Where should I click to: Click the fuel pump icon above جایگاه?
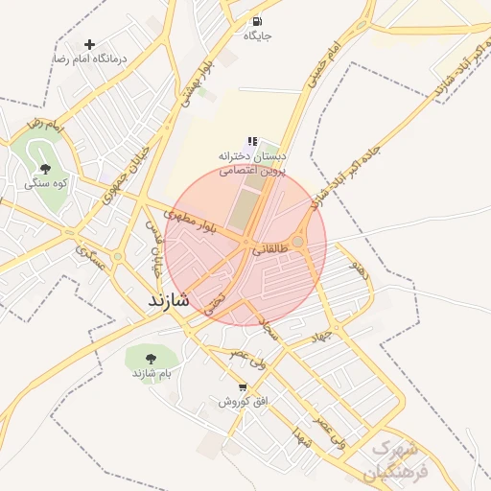(x=257, y=21)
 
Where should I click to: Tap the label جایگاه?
(x=257, y=35)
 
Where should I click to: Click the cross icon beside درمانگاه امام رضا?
(x=90, y=44)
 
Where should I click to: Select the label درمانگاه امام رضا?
(x=90, y=58)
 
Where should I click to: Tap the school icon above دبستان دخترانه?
(x=252, y=141)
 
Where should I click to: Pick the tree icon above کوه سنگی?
(x=46, y=169)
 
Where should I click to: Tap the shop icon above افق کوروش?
(x=243, y=386)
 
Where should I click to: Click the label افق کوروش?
(x=240, y=401)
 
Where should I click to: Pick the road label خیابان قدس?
(x=153, y=245)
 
